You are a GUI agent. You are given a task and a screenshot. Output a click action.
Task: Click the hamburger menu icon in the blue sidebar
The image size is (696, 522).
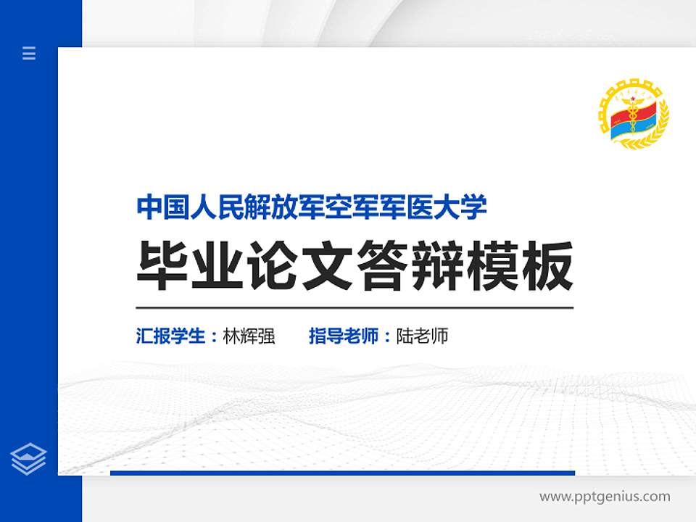coord(29,53)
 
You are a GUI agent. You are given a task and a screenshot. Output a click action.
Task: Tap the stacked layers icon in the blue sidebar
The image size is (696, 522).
coord(29,459)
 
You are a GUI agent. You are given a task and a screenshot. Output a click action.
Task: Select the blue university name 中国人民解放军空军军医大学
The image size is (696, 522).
coord(312,207)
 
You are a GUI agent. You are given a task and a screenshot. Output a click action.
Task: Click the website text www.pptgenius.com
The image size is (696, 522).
coord(605,497)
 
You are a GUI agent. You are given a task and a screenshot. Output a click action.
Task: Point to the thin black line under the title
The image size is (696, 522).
coord(355,307)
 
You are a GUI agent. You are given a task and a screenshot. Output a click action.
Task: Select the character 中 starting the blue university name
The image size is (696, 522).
coord(149,207)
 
